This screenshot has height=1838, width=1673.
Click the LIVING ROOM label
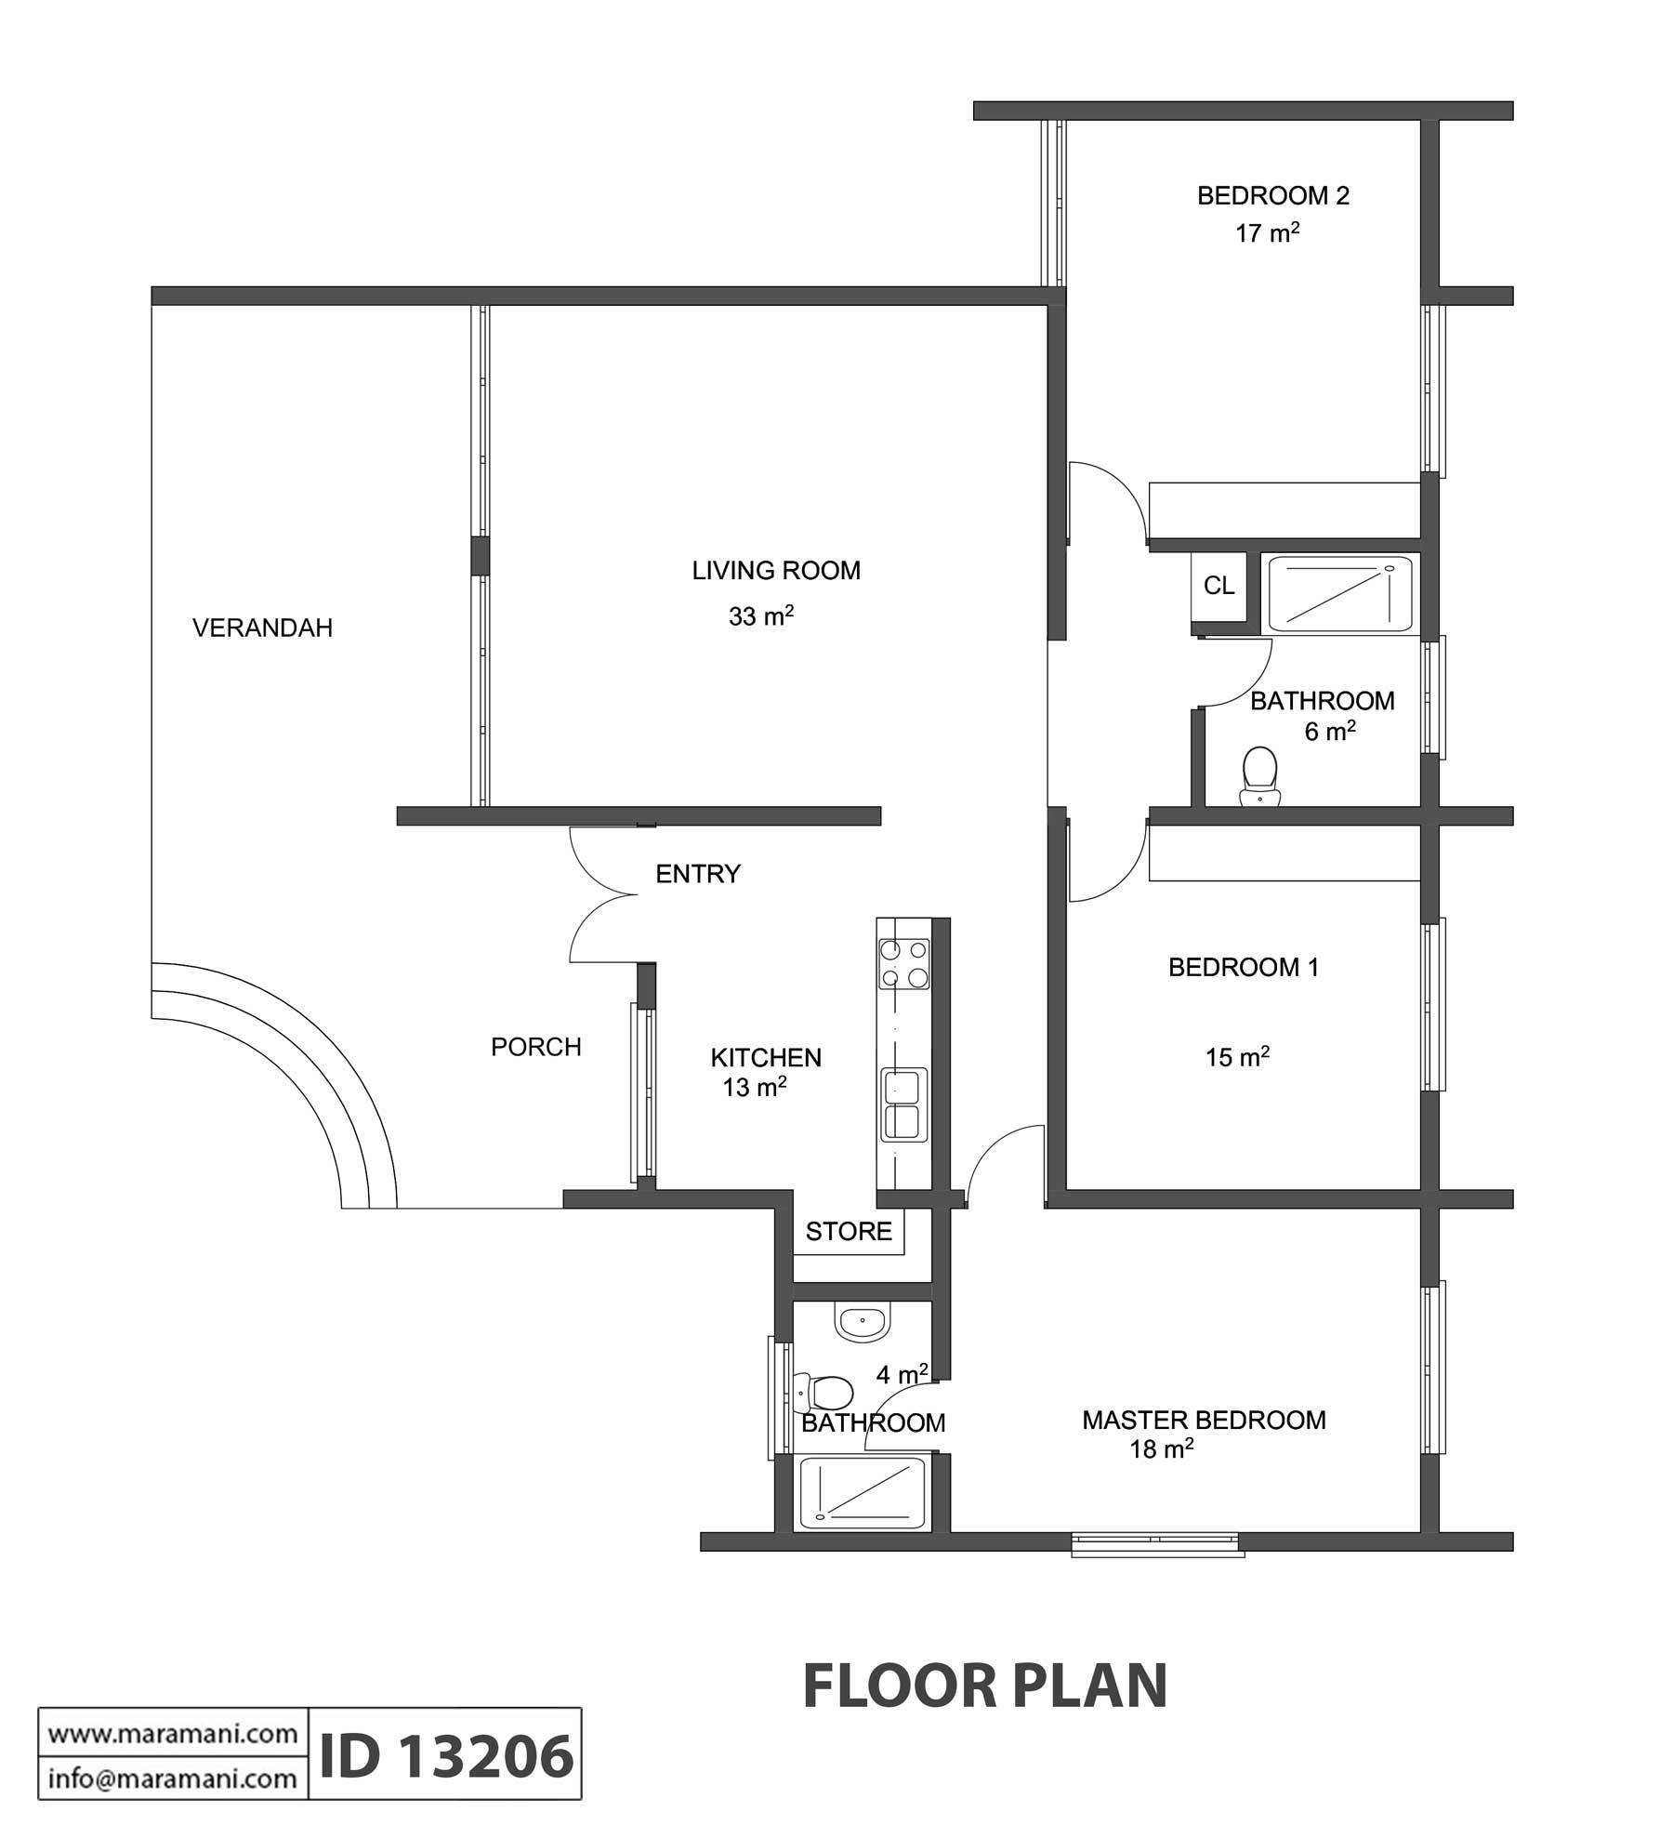point(776,571)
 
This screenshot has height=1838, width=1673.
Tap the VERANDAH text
point(262,628)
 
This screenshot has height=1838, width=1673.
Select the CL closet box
point(1219,586)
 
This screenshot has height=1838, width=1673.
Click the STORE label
point(849,1232)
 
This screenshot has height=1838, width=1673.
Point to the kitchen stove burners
point(904,964)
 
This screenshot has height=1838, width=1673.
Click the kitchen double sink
point(904,1104)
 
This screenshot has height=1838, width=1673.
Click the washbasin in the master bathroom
point(863,1321)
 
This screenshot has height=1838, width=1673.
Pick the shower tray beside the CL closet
point(1339,593)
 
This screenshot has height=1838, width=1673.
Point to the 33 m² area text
point(761,615)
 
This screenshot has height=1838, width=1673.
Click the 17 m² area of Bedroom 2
point(1267,232)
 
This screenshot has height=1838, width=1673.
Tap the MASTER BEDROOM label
point(1204,1420)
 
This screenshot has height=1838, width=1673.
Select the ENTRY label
point(698,874)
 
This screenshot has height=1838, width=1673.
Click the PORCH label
point(536,1047)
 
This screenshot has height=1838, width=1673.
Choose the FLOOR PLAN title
point(984,1686)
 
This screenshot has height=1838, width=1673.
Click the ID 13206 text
point(446,1757)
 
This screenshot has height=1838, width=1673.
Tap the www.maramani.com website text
point(173,1734)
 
